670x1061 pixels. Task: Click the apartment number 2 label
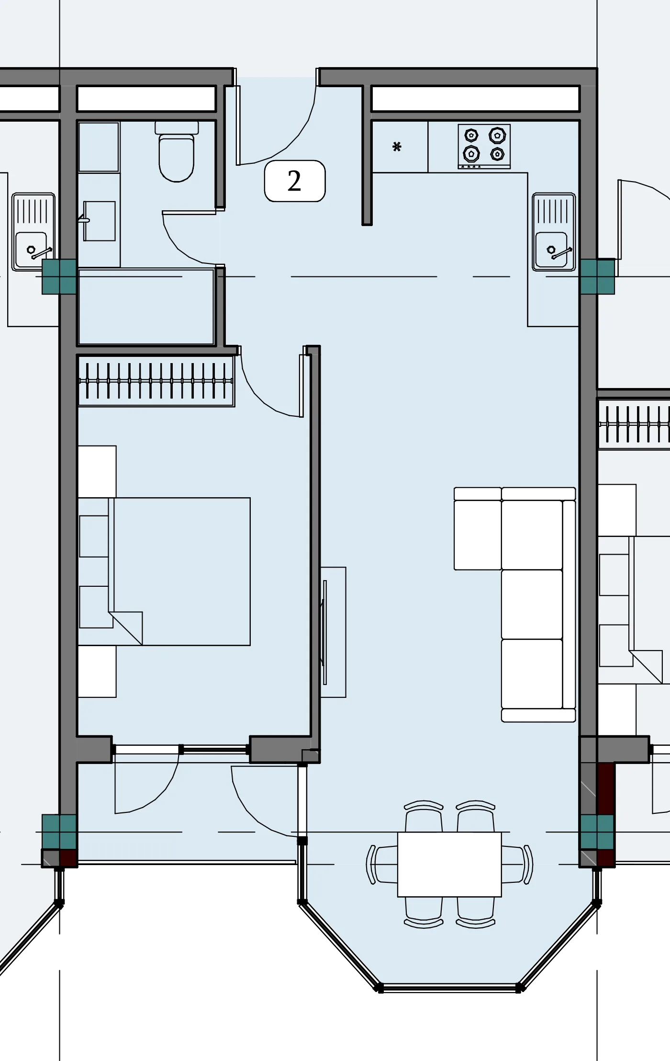(x=295, y=181)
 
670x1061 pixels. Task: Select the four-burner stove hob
(x=484, y=147)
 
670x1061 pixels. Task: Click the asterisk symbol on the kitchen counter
(x=397, y=147)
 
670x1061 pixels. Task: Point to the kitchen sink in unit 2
(x=554, y=232)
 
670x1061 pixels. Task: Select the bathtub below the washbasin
(x=146, y=307)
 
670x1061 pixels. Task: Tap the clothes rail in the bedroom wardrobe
(x=156, y=381)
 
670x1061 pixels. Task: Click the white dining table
(x=449, y=864)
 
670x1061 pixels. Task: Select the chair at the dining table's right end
(x=517, y=864)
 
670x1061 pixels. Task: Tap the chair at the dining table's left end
(x=381, y=864)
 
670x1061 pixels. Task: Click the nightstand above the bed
(x=97, y=472)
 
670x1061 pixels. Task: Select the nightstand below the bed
(x=97, y=672)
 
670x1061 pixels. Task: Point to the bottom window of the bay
(x=449, y=987)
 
